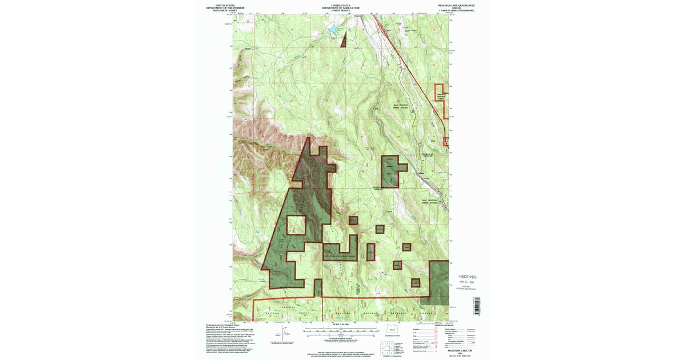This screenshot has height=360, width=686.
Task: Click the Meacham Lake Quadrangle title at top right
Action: [x=455, y=5]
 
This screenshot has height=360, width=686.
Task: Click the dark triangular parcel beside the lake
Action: [x=344, y=41]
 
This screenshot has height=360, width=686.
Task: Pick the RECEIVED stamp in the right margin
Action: [x=468, y=277]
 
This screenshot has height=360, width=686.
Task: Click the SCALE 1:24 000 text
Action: [x=341, y=325]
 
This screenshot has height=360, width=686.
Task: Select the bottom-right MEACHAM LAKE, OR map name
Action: [x=456, y=352]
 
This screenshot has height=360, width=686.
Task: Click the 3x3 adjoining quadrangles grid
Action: [x=387, y=347]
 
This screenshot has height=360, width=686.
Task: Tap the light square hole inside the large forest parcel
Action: [x=296, y=225]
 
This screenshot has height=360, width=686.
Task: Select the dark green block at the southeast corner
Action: [x=439, y=279]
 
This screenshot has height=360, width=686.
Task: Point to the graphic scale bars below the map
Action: [x=341, y=331]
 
